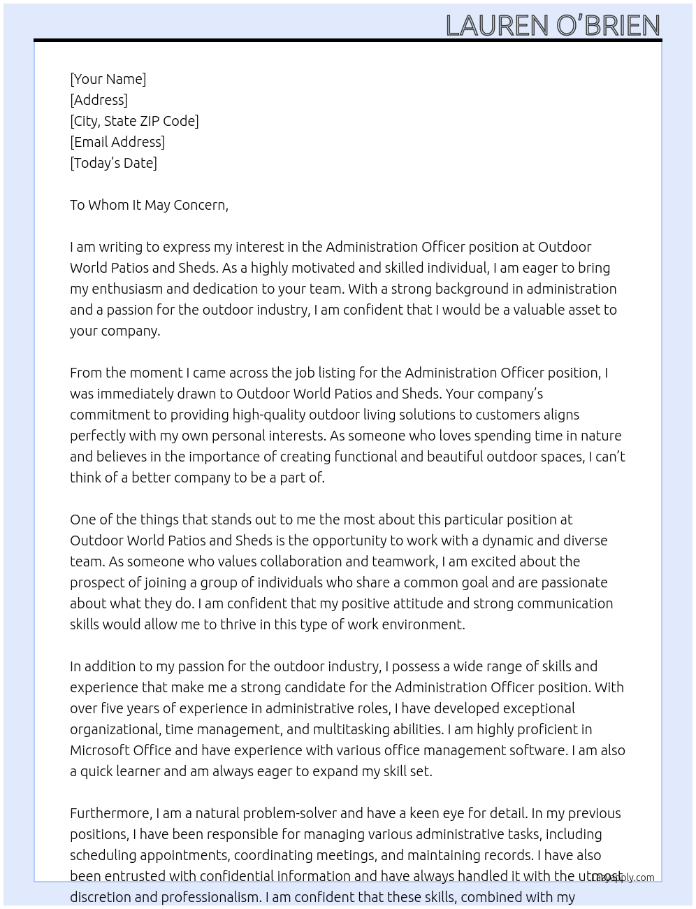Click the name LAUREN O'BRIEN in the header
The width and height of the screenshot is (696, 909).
[x=553, y=26]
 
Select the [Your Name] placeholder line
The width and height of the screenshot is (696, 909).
[x=108, y=79]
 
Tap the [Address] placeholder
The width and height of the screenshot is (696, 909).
[x=99, y=100]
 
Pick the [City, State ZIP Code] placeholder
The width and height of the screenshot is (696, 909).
[x=134, y=121]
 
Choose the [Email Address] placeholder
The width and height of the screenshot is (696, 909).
[x=117, y=142]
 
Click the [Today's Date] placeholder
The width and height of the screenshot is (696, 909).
[x=113, y=163]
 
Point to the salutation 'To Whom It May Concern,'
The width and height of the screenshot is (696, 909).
[x=149, y=205]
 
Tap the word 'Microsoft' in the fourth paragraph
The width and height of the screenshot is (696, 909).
[x=99, y=750]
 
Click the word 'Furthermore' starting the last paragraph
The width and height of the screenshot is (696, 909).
[x=109, y=813]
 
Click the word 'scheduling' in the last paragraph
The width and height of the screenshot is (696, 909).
[x=103, y=855]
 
